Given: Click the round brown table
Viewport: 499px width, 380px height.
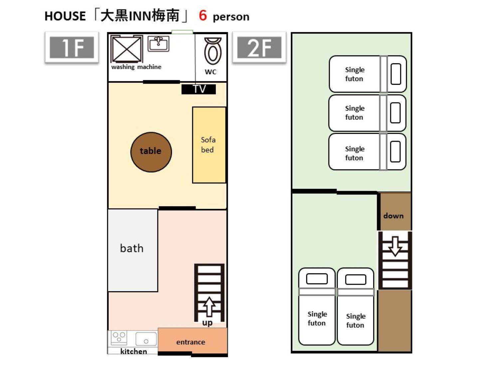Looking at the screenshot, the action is [151, 152].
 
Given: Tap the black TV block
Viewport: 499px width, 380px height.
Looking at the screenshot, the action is [199, 89].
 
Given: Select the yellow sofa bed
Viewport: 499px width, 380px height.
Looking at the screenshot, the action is [209, 145].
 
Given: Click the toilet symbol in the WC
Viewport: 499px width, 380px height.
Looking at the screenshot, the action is [213, 51].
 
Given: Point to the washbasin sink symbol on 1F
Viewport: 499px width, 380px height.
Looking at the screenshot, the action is [158, 44].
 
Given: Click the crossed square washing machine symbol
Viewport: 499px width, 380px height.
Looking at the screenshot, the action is [127, 49].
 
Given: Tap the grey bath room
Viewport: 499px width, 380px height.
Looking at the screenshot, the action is [132, 250].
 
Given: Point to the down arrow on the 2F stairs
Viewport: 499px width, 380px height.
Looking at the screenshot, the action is [395, 246].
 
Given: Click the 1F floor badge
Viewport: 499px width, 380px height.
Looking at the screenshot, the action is [72, 47].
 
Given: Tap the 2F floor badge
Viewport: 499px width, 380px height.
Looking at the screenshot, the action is [259, 47].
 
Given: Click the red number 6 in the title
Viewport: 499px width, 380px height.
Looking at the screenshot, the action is [203, 15].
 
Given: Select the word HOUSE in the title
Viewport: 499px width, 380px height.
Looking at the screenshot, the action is [65, 16].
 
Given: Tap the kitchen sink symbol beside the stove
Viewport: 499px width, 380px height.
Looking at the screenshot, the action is [146, 339].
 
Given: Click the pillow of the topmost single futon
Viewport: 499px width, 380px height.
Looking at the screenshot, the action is [396, 74].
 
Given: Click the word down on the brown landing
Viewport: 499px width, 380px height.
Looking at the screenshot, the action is [393, 216].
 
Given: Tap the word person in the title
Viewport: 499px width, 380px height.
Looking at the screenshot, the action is [231, 17].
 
